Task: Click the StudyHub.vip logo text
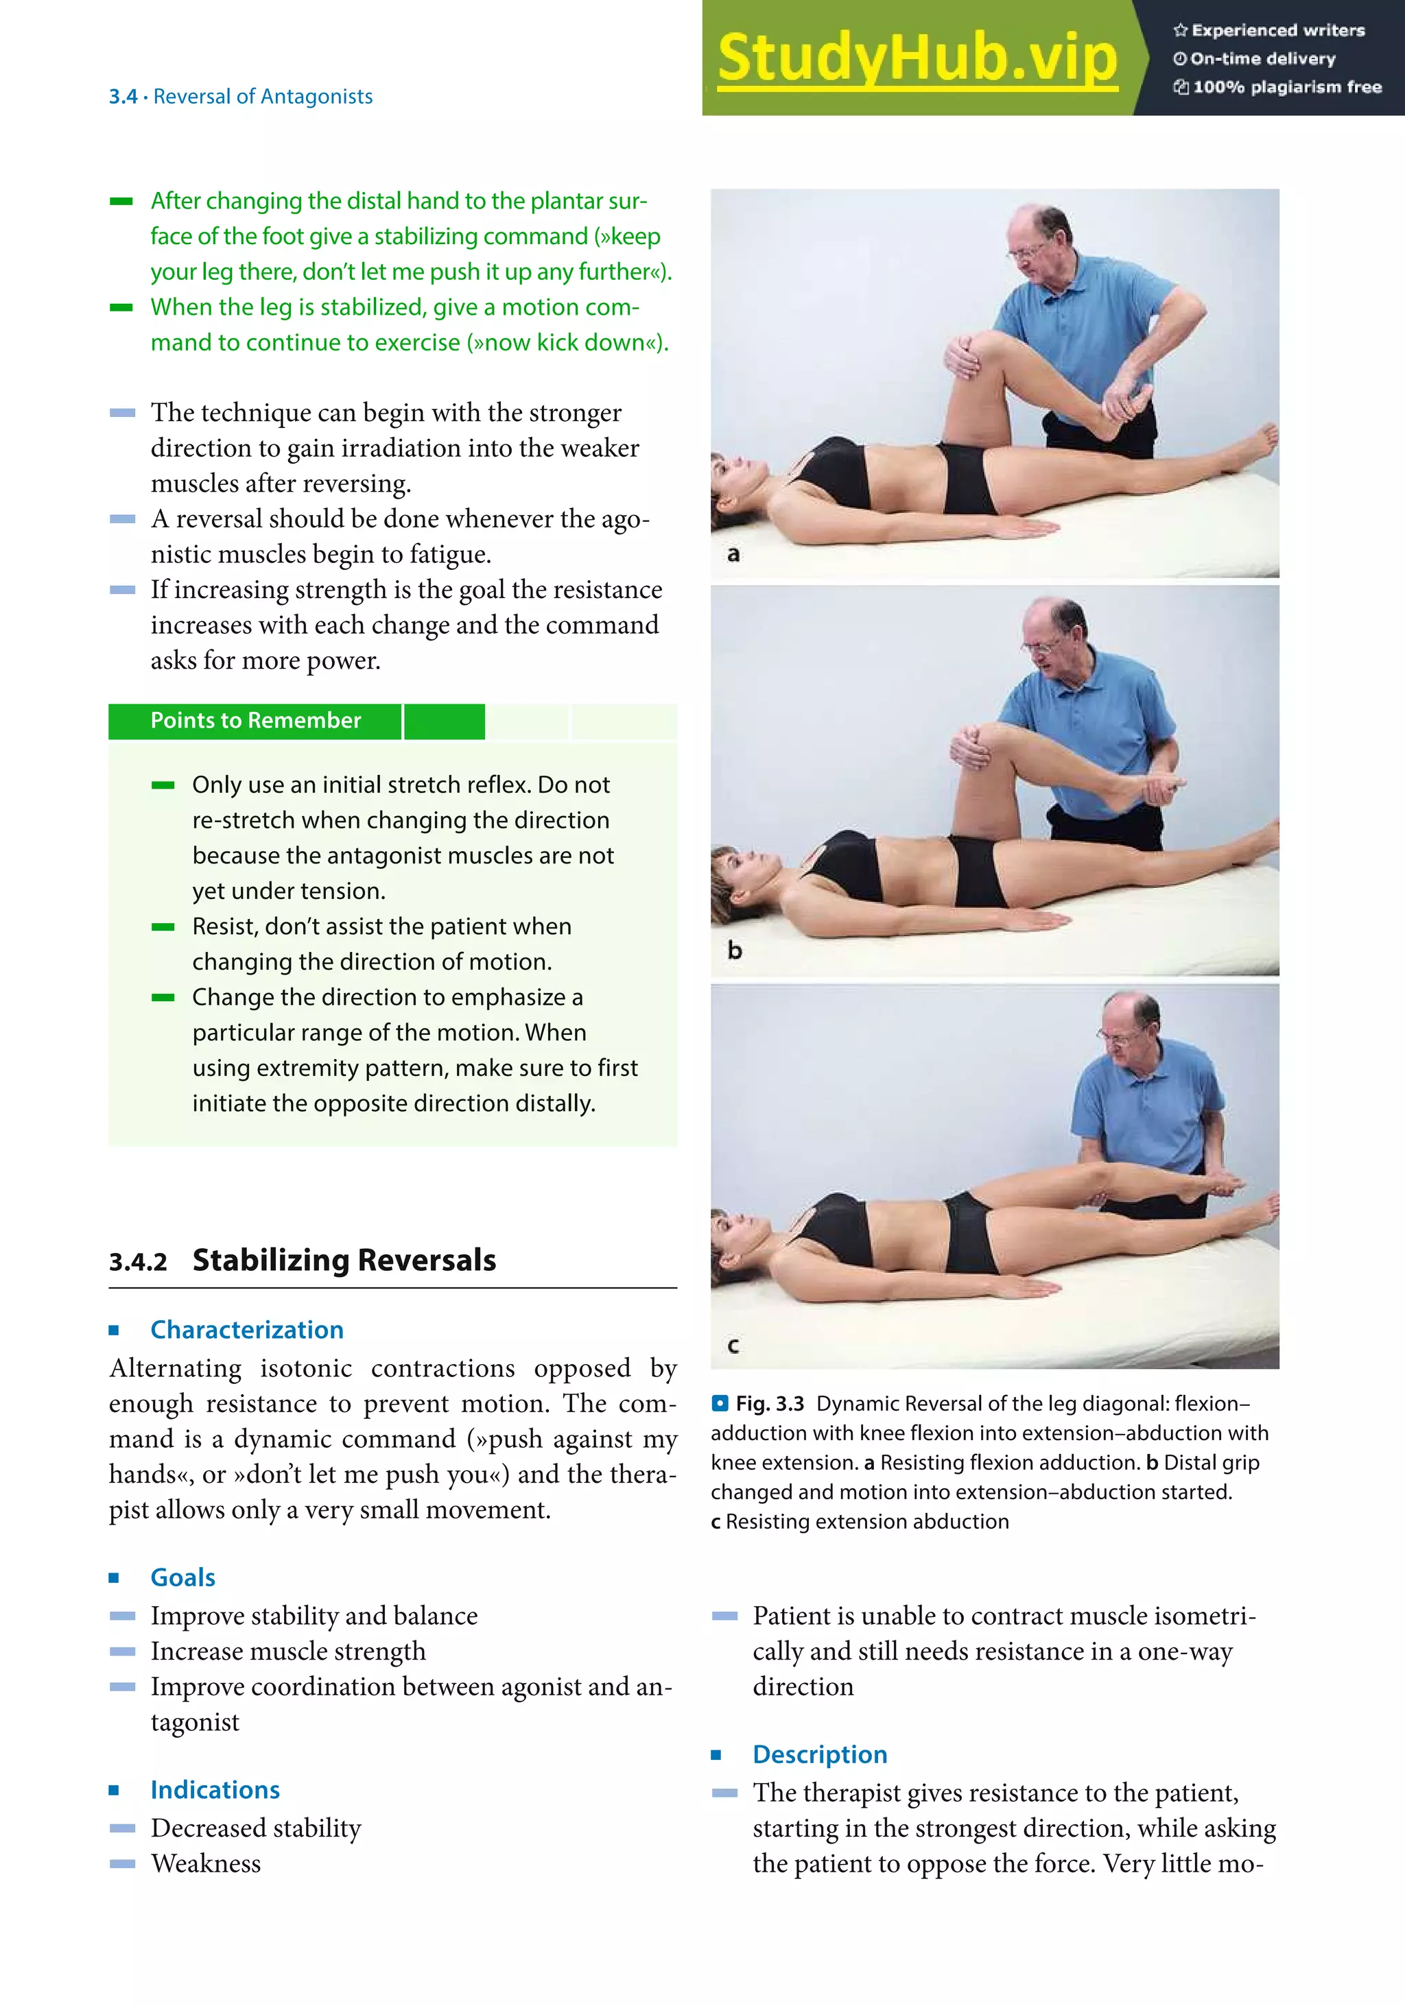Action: click(x=917, y=58)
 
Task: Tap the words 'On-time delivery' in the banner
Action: click(x=1262, y=58)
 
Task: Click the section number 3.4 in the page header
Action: click(x=122, y=97)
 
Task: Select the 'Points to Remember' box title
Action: click(x=255, y=721)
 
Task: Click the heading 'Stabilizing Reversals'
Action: click(x=344, y=1260)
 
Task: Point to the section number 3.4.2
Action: click(x=137, y=1263)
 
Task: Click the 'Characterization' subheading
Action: click(x=246, y=1330)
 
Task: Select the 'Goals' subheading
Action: click(x=182, y=1577)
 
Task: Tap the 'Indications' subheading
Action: click(x=215, y=1789)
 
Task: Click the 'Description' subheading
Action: click(x=820, y=1754)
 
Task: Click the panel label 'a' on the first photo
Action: click(x=733, y=554)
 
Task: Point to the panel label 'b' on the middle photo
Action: click(x=734, y=951)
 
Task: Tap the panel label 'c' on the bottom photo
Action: click(x=733, y=1346)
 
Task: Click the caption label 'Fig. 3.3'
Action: click(x=769, y=1403)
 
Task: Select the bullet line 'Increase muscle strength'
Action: click(x=287, y=1651)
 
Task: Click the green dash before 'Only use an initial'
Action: click(x=163, y=785)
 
